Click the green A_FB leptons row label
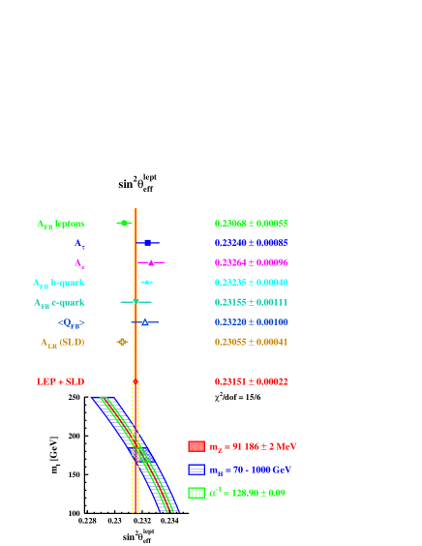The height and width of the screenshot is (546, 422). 61,224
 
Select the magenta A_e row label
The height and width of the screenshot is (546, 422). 79,263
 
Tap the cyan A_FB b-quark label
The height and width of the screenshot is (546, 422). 59,283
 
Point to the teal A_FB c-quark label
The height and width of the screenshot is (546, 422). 59,303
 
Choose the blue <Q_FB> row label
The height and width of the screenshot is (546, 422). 71,322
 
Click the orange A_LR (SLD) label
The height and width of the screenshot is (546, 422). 63,343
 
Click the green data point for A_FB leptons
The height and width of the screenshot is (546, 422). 123,223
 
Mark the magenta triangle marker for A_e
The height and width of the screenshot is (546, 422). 151,262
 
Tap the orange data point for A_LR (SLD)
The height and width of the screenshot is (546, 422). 121,342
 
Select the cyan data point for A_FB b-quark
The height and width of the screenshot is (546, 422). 146,283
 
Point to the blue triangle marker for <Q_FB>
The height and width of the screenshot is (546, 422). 144,321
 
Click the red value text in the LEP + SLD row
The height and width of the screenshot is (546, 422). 251,381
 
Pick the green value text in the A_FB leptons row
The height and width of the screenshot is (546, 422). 251,224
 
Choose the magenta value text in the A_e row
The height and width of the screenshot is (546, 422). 251,263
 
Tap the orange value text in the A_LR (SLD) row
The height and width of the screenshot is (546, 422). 251,343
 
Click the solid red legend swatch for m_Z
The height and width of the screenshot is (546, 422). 196,446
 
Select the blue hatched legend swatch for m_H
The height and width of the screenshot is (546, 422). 196,470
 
